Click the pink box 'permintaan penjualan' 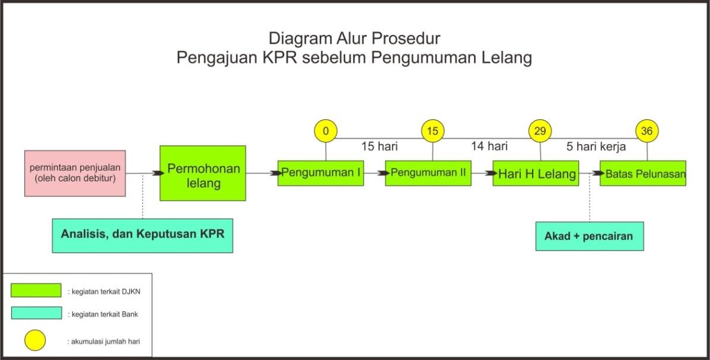click(75, 173)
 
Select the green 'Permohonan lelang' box click(203, 173)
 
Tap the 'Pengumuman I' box click(320, 173)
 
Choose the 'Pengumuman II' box click(428, 173)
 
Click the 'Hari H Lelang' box click(536, 173)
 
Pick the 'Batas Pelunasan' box click(643, 173)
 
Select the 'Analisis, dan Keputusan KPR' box click(142, 235)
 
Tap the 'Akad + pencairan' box click(590, 236)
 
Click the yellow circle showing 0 click(326, 131)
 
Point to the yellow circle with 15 click(433, 131)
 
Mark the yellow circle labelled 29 click(540, 131)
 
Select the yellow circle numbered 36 click(647, 131)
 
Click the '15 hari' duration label click(380, 146)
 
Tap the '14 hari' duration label click(489, 146)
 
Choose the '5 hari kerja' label click(596, 146)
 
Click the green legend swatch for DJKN click(36, 290)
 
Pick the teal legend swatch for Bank click(36, 313)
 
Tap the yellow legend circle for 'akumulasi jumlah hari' click(35, 340)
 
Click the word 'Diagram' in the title click(300, 39)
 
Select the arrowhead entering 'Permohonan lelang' click(158, 173)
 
